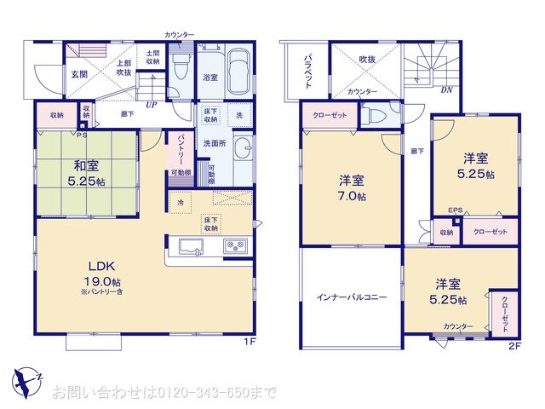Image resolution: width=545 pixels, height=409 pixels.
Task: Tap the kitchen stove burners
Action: click(x=234, y=247)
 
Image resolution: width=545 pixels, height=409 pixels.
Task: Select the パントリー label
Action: click(x=181, y=152)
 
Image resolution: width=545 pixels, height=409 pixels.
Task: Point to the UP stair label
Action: click(x=151, y=105)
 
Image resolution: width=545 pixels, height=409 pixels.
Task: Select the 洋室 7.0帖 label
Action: click(x=352, y=187)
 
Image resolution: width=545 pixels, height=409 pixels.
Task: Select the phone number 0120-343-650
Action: click(x=195, y=393)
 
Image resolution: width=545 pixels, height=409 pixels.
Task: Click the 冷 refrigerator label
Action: click(x=180, y=203)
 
